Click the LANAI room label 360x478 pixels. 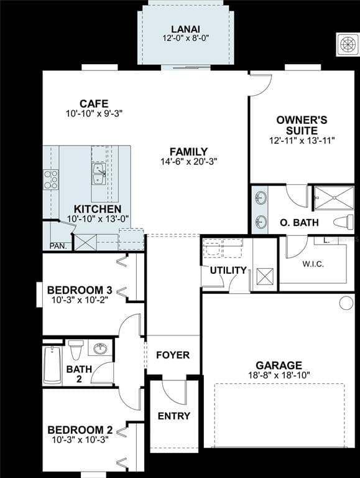(185, 29)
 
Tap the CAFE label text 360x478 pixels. (94, 104)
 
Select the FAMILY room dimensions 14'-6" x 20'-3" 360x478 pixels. (188, 161)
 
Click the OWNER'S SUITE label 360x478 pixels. (302, 125)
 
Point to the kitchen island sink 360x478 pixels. (98, 174)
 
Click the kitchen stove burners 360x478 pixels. (50, 179)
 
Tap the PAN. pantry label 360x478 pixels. (58, 246)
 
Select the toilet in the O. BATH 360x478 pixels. (343, 222)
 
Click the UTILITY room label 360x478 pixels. (228, 270)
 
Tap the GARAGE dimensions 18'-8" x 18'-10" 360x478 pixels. (279, 375)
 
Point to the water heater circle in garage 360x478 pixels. (346, 302)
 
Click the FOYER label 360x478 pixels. (173, 355)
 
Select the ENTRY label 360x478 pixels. (173, 416)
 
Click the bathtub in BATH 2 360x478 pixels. (52, 365)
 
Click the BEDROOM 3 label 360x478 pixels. (80, 290)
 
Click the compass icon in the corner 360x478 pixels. (347, 44)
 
